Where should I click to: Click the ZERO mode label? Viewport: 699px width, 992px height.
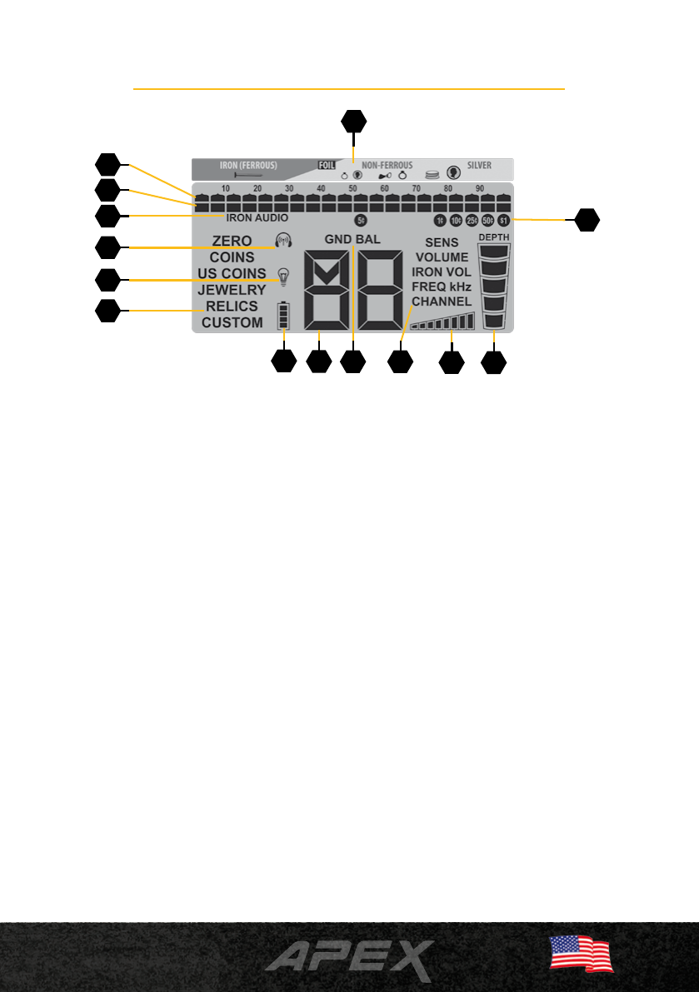pos(232,242)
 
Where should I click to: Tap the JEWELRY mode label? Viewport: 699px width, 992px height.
pos(232,290)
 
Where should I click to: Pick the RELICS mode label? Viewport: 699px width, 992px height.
pos(232,306)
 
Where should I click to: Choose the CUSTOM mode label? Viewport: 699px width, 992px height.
pos(232,322)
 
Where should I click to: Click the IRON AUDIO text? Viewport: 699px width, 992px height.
pos(257,218)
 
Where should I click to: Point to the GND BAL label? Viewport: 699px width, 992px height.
pos(352,239)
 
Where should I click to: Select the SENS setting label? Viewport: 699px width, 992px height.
pos(442,242)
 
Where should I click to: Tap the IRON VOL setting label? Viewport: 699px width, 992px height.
pos(442,272)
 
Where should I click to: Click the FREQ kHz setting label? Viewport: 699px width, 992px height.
pos(442,287)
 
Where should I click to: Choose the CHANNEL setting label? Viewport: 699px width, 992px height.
pos(442,301)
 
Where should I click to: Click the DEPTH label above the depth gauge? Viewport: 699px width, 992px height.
pos(494,237)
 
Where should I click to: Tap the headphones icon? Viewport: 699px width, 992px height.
pos(284,241)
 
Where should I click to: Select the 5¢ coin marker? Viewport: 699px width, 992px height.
pos(361,221)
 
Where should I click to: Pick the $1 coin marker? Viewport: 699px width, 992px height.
pos(503,221)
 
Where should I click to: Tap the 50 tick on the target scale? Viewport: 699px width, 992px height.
pos(352,189)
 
